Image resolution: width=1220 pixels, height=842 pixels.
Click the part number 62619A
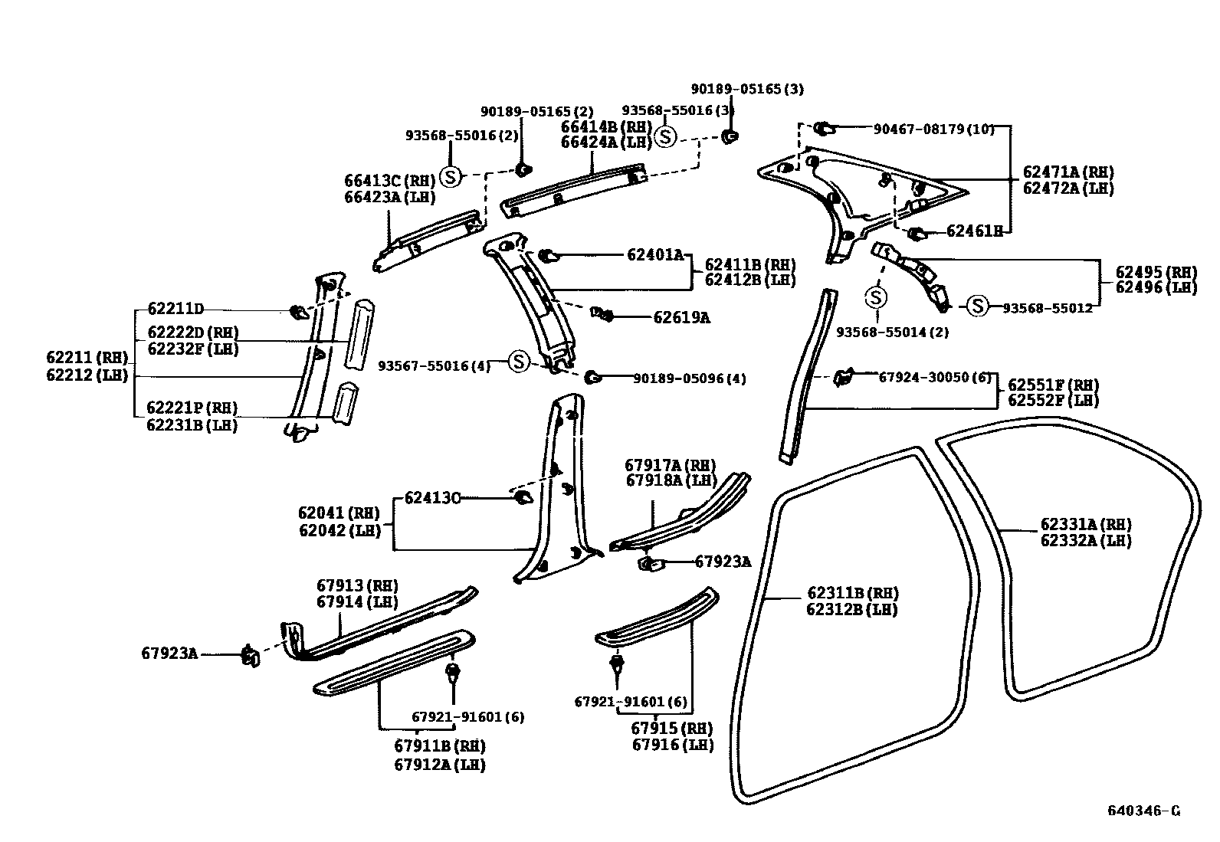point(681,317)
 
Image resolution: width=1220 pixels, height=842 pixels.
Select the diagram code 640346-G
point(1143,811)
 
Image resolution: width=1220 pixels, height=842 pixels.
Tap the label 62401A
point(655,254)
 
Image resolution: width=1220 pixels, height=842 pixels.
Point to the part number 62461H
point(974,231)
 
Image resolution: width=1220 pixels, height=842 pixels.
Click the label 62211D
point(175,309)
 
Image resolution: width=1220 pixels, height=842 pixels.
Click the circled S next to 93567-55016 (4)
point(519,362)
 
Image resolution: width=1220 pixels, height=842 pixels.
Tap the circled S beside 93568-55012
point(976,306)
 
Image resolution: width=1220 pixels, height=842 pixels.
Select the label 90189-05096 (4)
point(689,378)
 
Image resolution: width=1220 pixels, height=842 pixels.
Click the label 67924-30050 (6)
point(934,377)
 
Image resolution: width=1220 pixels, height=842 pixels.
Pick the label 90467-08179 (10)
point(933,129)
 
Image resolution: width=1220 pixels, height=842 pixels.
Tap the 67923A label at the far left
point(169,654)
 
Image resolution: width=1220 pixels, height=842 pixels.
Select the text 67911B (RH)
point(440,745)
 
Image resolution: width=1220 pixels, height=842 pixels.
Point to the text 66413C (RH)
point(389,181)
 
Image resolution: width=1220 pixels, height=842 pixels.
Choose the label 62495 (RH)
point(1156,272)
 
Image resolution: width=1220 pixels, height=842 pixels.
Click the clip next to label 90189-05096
point(592,376)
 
